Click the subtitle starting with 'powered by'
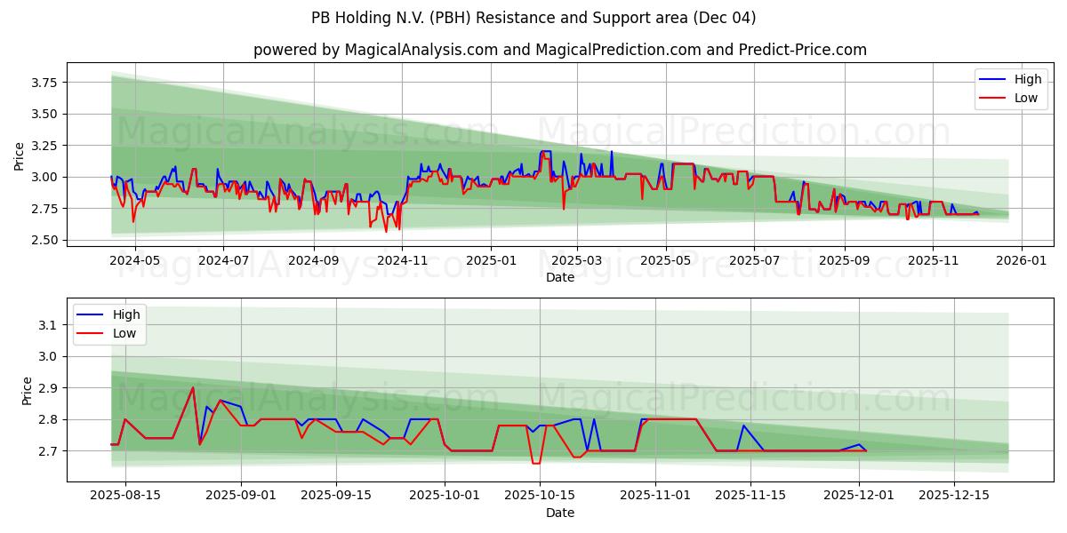tap(559, 50)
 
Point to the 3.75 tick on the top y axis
tap(44, 83)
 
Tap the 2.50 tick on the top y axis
tap(44, 240)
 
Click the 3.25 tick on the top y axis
tap(44, 146)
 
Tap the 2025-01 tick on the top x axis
tap(491, 261)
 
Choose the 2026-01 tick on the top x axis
tap(1020, 261)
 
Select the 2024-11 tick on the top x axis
tap(403, 261)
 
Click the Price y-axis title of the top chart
tap(20, 156)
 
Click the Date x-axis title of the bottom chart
tap(559, 513)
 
